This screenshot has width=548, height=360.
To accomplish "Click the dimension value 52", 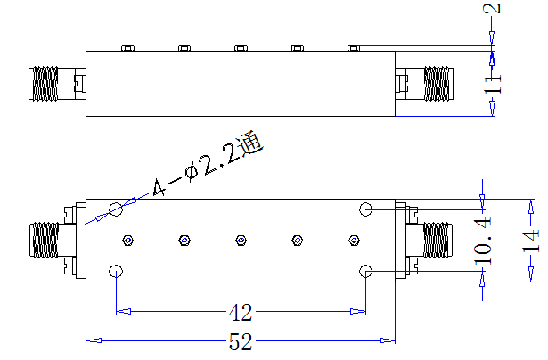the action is [241, 341].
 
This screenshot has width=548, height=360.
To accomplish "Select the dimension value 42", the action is [241, 313].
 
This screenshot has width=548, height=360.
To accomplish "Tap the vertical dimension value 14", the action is [531, 241].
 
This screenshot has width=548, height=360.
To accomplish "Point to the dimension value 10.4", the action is [483, 241].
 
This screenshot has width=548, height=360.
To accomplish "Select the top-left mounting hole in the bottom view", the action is [116, 209].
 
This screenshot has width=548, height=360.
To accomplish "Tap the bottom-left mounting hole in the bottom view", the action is [116, 271].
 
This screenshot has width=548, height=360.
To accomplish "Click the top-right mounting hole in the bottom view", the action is [365, 209].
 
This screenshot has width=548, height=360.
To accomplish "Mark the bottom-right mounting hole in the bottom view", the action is [365, 271].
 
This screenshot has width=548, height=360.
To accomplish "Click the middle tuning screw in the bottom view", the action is [241, 241].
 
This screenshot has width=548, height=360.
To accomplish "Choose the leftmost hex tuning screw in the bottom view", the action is [128, 241].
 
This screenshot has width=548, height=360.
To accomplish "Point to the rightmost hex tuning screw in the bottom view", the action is [354, 241].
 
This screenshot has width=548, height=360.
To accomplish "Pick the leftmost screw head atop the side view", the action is [128, 48].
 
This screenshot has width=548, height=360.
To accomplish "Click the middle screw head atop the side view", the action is [241, 48].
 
